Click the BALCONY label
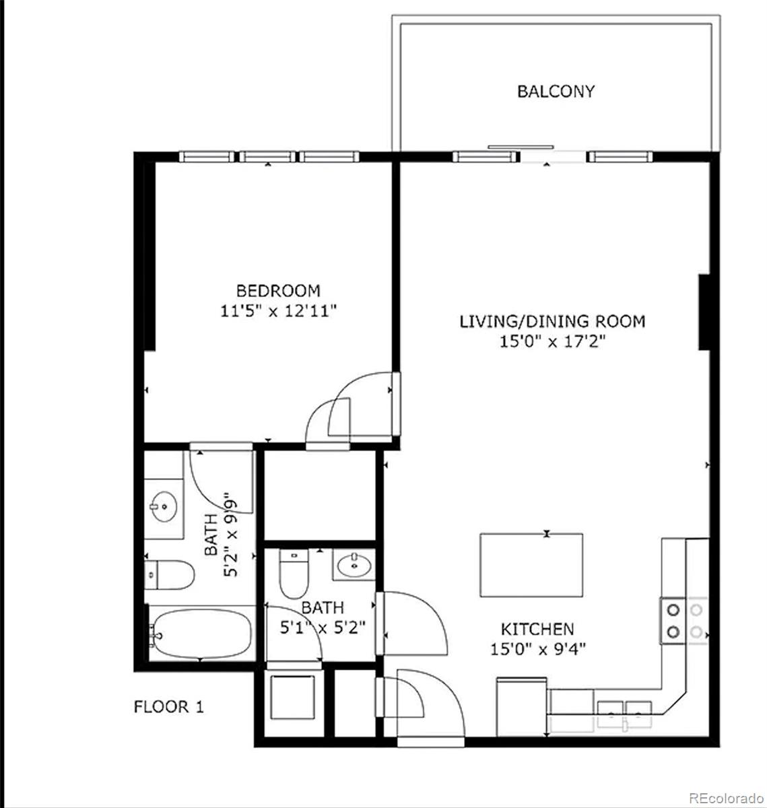click(556, 91)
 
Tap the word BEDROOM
click(277, 291)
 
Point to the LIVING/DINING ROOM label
click(552, 321)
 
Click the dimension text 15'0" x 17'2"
click(552, 341)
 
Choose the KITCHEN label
click(537, 629)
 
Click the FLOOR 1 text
click(168, 707)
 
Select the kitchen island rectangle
click(531, 564)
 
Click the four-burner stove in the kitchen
click(683, 621)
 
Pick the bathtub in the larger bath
click(201, 633)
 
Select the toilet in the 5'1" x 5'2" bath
click(293, 574)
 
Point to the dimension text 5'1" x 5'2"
click(322, 628)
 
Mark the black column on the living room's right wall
click(704, 311)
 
